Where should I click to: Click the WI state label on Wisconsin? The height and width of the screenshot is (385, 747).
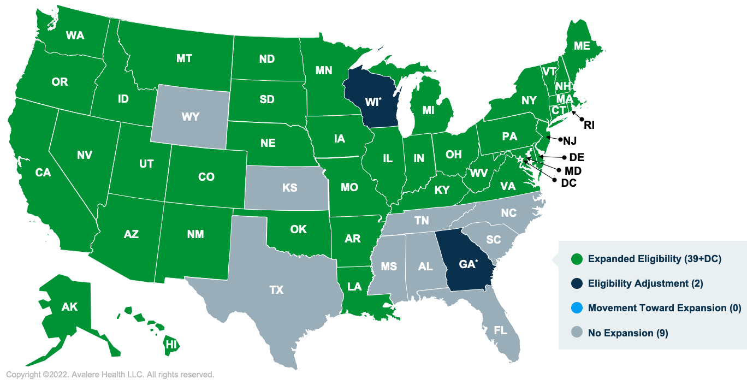point(372,102)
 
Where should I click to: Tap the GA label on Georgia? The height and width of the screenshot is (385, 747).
point(467,264)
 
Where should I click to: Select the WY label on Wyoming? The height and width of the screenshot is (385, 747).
point(190,117)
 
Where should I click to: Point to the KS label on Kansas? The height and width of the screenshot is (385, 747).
point(290,188)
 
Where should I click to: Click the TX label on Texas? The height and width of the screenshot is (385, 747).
point(276,290)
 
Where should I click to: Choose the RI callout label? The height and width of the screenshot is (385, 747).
point(589,125)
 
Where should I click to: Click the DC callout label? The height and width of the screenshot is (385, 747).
point(568,183)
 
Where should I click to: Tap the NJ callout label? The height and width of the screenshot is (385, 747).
point(570,141)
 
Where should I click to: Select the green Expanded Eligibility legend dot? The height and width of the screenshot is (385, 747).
point(576,259)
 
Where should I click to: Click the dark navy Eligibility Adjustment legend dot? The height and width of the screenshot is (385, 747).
point(576,283)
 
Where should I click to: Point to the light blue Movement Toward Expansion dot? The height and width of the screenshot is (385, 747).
point(576,308)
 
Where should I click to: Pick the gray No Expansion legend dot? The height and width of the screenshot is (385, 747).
point(576,333)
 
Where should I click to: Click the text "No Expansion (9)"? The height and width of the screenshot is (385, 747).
point(628,333)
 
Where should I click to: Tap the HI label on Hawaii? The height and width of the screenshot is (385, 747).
point(171,345)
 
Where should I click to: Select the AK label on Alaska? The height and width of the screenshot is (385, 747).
point(69,307)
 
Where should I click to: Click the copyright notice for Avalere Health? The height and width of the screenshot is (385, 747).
point(110,375)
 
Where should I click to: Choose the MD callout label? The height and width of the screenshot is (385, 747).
point(573,171)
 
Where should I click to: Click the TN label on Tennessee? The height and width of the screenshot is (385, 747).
point(421,221)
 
